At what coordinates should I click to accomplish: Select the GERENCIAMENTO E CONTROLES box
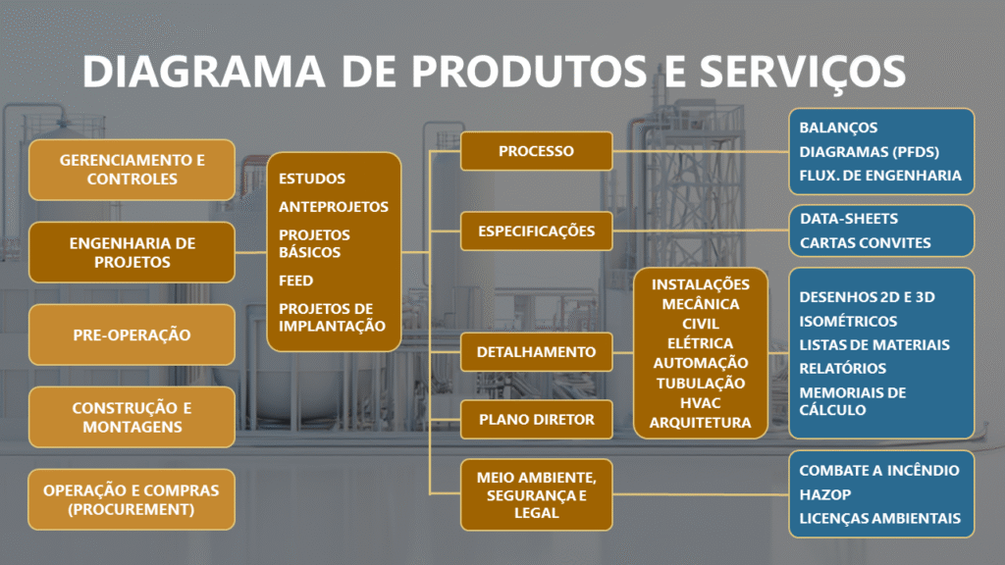click(132, 170)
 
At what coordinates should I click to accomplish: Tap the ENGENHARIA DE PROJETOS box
click(132, 252)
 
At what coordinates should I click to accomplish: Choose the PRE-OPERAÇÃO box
click(132, 334)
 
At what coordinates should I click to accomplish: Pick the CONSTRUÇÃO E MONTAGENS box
click(132, 417)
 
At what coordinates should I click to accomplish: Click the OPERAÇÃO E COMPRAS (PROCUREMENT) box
click(132, 499)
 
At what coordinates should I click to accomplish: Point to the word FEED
click(295, 281)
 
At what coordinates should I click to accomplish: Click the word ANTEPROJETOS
click(334, 207)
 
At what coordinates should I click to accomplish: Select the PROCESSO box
click(536, 151)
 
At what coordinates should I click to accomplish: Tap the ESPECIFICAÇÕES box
click(536, 231)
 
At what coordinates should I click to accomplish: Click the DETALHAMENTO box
click(536, 351)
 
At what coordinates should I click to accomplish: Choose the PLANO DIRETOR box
click(536, 419)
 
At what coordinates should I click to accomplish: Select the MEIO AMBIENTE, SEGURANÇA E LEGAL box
click(536, 494)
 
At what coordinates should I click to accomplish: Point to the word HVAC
click(701, 402)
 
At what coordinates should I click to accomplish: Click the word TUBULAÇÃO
click(701, 383)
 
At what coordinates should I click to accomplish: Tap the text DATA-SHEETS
click(848, 218)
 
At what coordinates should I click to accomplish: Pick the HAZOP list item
click(824, 494)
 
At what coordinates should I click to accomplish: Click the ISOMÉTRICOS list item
click(848, 321)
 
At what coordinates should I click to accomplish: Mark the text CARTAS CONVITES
click(865, 242)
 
